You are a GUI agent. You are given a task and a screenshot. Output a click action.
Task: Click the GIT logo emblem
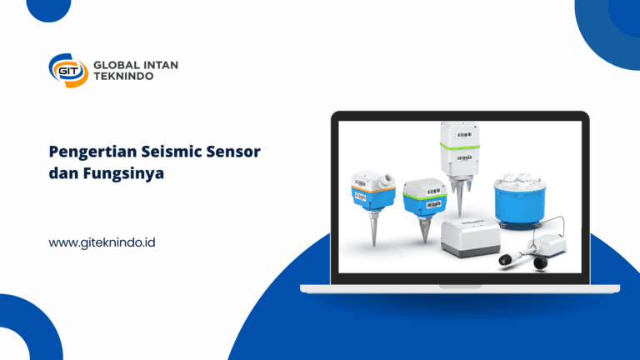pos(67,70)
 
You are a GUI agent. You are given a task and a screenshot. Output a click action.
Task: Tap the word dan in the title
pos(63,176)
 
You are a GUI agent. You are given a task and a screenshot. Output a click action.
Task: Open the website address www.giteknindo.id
pos(102,242)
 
